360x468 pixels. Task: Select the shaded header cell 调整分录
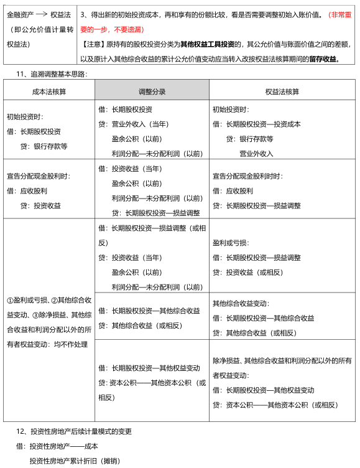152,91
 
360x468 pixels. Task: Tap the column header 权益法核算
282,91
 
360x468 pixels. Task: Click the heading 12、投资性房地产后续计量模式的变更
74,431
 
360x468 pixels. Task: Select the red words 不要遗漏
129,29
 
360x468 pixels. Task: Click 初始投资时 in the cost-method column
25,116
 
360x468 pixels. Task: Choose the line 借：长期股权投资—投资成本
256,123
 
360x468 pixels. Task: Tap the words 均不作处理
70,344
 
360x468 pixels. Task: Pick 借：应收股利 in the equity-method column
233,190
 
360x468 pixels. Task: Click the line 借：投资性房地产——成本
57,446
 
